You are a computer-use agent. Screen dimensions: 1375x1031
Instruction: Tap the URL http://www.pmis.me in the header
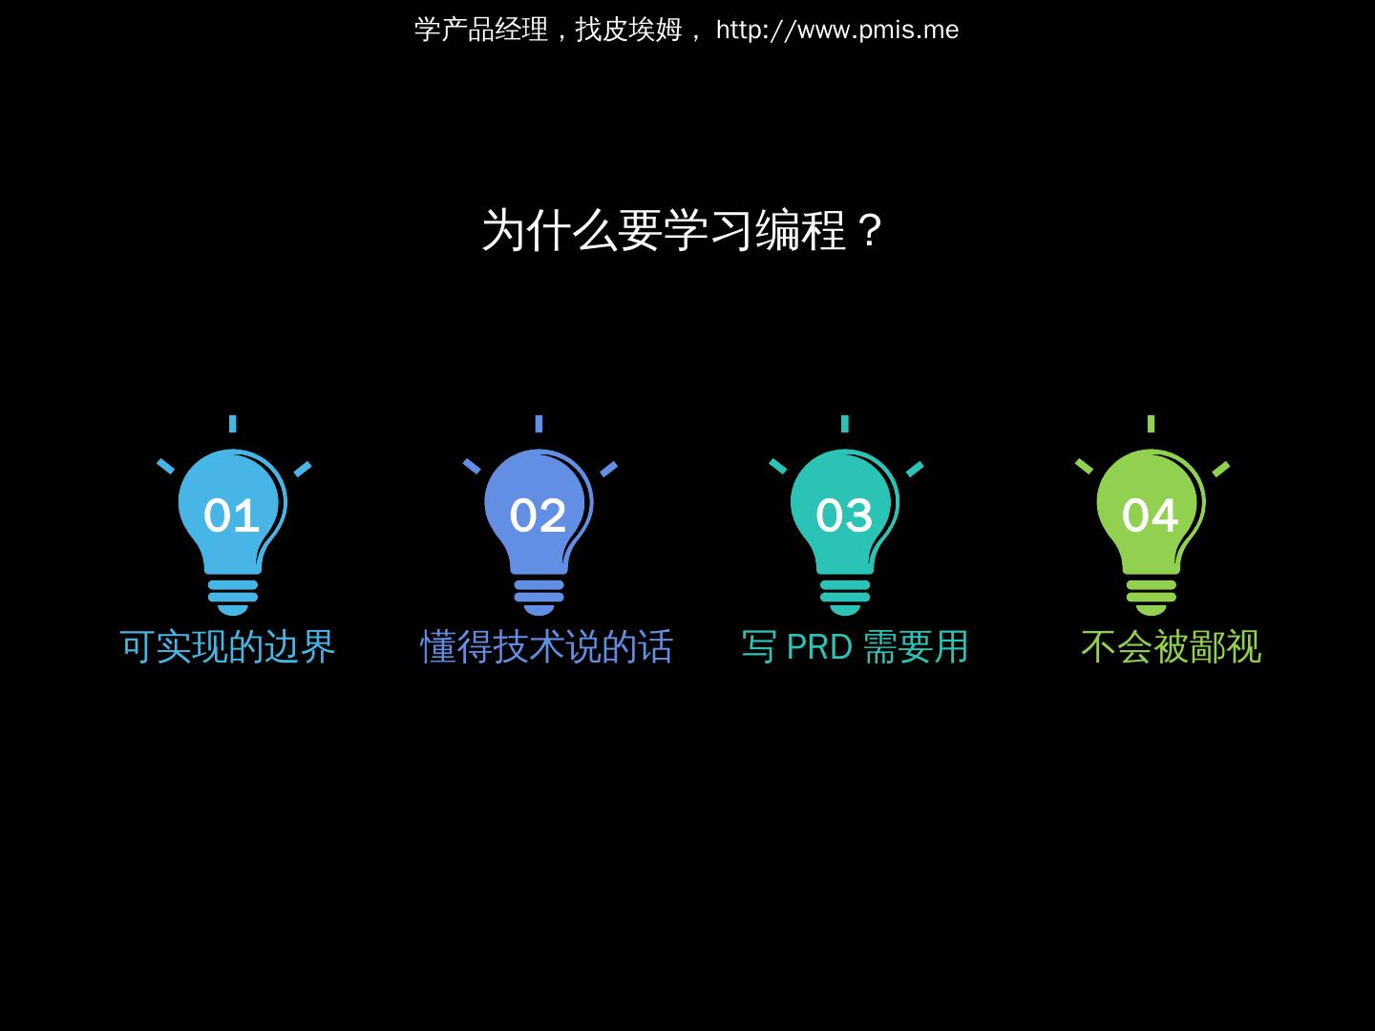pos(836,31)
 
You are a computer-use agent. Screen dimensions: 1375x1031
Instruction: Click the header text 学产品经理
pos(481,31)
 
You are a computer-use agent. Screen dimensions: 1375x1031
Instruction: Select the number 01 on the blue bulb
pos(231,515)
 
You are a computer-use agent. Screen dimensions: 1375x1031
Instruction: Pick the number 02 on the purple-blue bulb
pos(538,515)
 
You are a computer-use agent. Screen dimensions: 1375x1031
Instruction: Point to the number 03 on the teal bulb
pos(844,515)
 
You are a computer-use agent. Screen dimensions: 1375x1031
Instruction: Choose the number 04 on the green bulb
pos(1150,515)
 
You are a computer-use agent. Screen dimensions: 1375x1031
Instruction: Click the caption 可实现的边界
pos(228,647)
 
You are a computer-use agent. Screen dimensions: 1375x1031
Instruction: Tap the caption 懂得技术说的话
pos(547,647)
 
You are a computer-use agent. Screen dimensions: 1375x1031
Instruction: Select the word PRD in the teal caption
pos(818,647)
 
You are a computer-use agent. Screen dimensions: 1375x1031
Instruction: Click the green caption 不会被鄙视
pos(1171,647)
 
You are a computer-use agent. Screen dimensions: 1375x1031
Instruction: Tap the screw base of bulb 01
pos(232,597)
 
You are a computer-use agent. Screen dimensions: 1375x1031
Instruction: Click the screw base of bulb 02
pos(539,597)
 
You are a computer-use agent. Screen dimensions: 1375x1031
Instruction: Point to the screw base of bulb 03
pos(845,597)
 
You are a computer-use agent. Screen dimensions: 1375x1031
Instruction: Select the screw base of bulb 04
pos(1151,597)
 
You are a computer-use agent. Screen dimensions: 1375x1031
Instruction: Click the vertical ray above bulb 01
pos(232,424)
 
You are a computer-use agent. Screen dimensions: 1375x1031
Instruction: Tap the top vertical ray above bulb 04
pos(1151,424)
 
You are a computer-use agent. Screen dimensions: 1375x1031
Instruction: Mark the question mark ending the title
pos(869,231)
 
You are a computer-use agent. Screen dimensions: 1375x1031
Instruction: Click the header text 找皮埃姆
pos(628,31)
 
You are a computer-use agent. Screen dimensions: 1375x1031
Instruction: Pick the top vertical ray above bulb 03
pos(845,424)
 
